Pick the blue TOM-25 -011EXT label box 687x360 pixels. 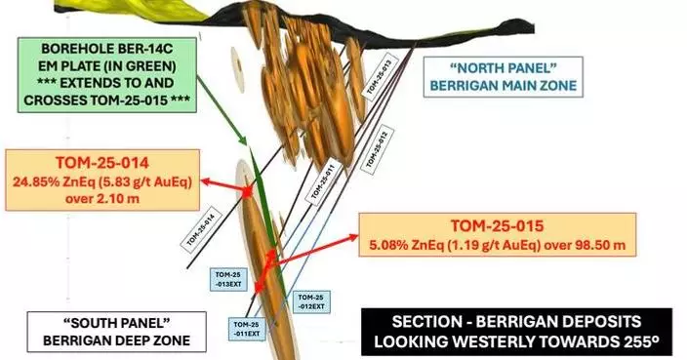click(x=246, y=329)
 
